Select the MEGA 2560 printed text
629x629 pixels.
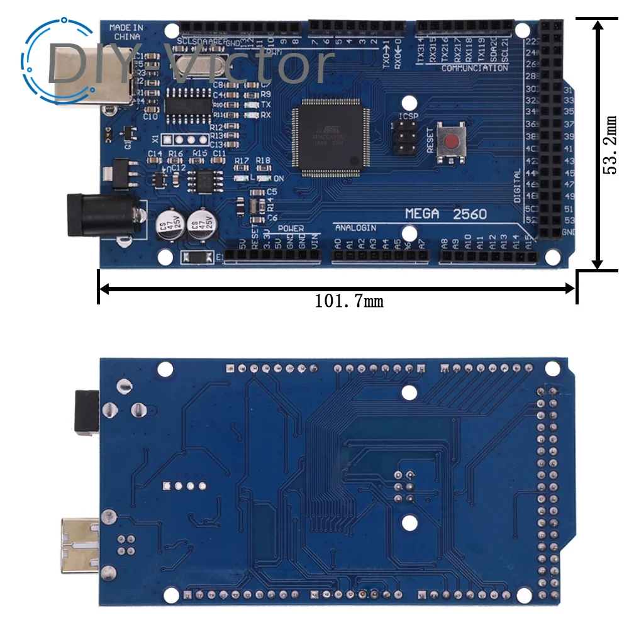[x=445, y=214]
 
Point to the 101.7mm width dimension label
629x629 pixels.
[x=349, y=301]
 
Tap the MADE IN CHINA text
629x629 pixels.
[x=126, y=32]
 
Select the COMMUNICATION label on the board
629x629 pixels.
[x=475, y=67]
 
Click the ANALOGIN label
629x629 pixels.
[x=355, y=228]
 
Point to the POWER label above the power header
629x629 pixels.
[x=291, y=228]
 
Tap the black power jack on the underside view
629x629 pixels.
[x=87, y=412]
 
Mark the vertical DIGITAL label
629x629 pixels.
[x=517, y=186]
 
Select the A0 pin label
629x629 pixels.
[x=338, y=243]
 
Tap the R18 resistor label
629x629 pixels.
[x=263, y=161]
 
